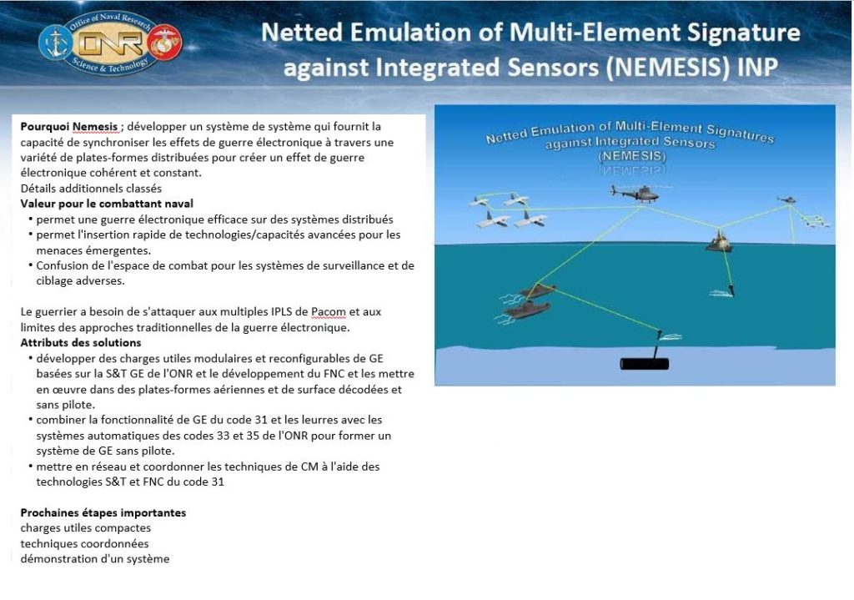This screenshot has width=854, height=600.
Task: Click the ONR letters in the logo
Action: pos(112,43)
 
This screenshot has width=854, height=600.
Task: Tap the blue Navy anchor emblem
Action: pos(56,43)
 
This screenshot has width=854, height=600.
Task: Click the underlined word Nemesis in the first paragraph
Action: pos(95,127)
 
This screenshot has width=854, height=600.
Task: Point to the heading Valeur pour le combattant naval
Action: pos(107,204)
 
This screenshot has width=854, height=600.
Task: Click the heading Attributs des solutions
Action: pos(81,343)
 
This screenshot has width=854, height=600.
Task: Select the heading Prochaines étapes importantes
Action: pos(103,513)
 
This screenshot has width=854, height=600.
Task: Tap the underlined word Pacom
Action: pos(329,312)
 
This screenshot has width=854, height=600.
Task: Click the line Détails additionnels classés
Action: pos(91,189)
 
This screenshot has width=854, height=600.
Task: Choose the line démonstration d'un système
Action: pos(95,559)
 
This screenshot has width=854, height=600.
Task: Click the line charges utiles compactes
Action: pos(86,528)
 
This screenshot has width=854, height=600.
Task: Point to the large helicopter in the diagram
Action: pos(636,194)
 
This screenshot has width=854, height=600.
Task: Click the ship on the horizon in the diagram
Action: pos(719,241)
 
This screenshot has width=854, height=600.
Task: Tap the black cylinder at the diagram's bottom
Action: pos(645,364)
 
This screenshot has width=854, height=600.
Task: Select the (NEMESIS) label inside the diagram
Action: pos(632,156)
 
